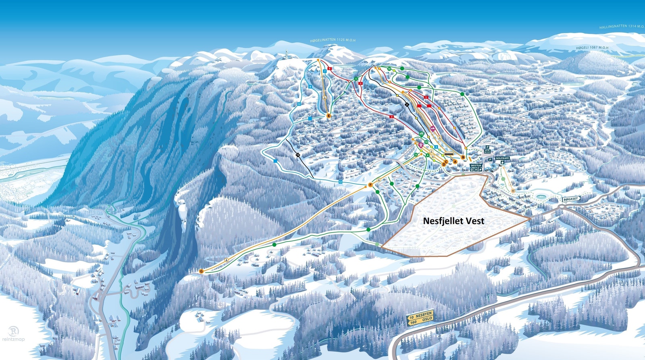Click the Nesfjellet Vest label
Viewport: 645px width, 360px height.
coord(454,221)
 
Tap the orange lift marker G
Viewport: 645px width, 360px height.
coord(201,271)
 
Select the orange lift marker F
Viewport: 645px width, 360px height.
coord(370,185)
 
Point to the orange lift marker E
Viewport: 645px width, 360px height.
coord(329,116)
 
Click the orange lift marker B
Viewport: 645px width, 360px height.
coord(463,157)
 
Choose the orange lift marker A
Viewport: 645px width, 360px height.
coord(455,161)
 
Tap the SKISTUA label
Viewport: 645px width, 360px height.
coord(476,166)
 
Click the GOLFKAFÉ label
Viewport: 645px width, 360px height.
coord(502,158)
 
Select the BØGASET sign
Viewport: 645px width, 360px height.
coord(571,199)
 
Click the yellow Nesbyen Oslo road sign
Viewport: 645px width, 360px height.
coord(420,318)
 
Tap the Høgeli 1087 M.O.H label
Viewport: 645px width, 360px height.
coord(592,48)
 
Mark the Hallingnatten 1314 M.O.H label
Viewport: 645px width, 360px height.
coord(621,26)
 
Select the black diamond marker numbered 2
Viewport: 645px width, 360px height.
coord(407,104)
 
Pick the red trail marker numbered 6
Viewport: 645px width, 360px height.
coord(330,69)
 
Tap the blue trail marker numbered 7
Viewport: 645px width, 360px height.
coord(325,71)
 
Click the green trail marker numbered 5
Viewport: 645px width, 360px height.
coord(356,79)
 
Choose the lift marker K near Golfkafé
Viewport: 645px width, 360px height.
coord(513,190)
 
